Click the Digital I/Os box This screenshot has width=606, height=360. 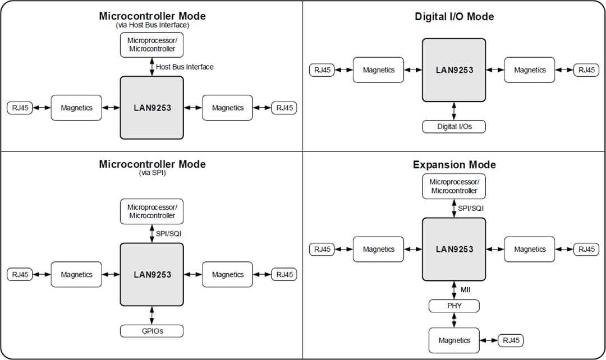pos(454,126)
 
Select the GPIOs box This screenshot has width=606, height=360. pos(151,331)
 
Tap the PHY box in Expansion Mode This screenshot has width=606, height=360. pos(454,306)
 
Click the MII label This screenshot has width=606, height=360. pos(465,290)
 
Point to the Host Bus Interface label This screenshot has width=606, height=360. pos(185,67)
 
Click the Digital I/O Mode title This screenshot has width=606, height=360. pos(454,17)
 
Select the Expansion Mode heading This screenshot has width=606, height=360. pos(454,165)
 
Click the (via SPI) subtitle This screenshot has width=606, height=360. pos(152,173)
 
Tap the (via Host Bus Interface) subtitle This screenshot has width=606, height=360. pos(152,25)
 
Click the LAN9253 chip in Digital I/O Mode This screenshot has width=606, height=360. pos(454,70)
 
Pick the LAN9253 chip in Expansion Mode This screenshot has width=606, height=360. pos(454,249)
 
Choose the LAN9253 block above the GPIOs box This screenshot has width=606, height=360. pos(151,275)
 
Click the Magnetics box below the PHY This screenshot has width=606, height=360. pos(454,340)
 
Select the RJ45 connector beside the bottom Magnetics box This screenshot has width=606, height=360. pos(511,340)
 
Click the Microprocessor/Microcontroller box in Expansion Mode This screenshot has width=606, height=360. pos(454,186)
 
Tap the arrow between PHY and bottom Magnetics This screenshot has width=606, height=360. pos(454,320)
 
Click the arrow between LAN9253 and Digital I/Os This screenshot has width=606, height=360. pos(454,110)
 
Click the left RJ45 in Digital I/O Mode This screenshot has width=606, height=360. pos(322,70)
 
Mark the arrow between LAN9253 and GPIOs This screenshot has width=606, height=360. pos(151,315)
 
